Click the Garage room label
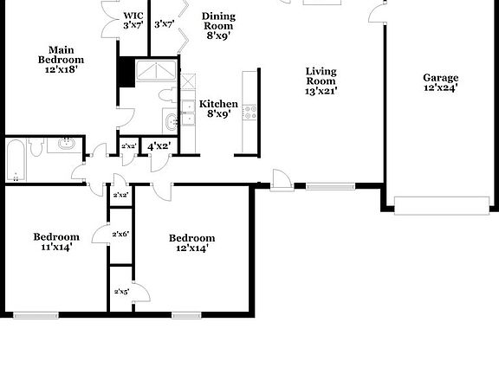(440, 82)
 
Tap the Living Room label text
(321, 81)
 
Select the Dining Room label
(218, 27)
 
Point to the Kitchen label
(218, 108)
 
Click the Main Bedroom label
(61, 59)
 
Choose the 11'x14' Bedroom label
(56, 242)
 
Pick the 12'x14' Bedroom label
(191, 243)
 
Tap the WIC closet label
(133, 20)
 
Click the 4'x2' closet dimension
(159, 146)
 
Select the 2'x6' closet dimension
(121, 234)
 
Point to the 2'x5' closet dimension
(121, 292)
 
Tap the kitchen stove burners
(249, 112)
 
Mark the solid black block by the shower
(126, 72)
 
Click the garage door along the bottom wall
(442, 205)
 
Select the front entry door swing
(281, 180)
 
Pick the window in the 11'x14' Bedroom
(36, 314)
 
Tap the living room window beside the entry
(330, 185)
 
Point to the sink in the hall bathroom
(65, 145)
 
